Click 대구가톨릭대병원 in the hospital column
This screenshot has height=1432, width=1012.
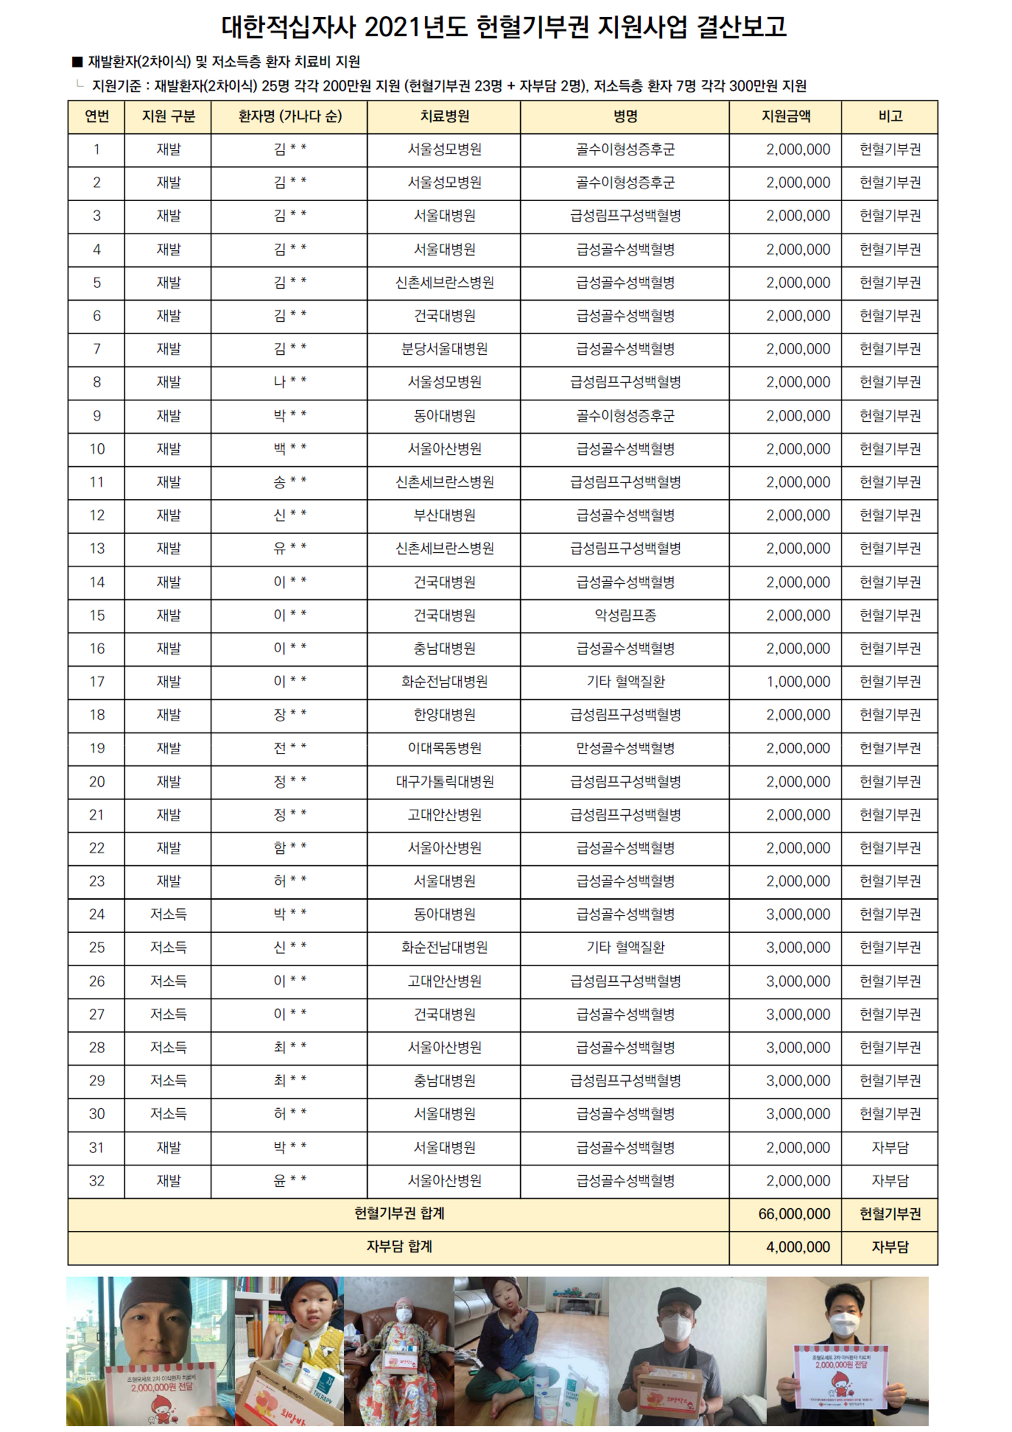pos(444,781)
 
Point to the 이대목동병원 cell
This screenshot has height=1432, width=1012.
pos(444,748)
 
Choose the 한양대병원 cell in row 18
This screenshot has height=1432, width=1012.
pos(444,715)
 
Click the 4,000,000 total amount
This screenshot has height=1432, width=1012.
pos(797,1247)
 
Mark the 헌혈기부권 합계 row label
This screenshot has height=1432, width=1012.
pos(399,1214)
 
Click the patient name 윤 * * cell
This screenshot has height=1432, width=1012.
pos(290,1181)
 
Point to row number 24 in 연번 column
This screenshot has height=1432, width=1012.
pos(97,914)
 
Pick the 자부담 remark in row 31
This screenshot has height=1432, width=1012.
pos(890,1147)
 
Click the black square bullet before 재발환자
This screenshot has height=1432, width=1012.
pos(77,62)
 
